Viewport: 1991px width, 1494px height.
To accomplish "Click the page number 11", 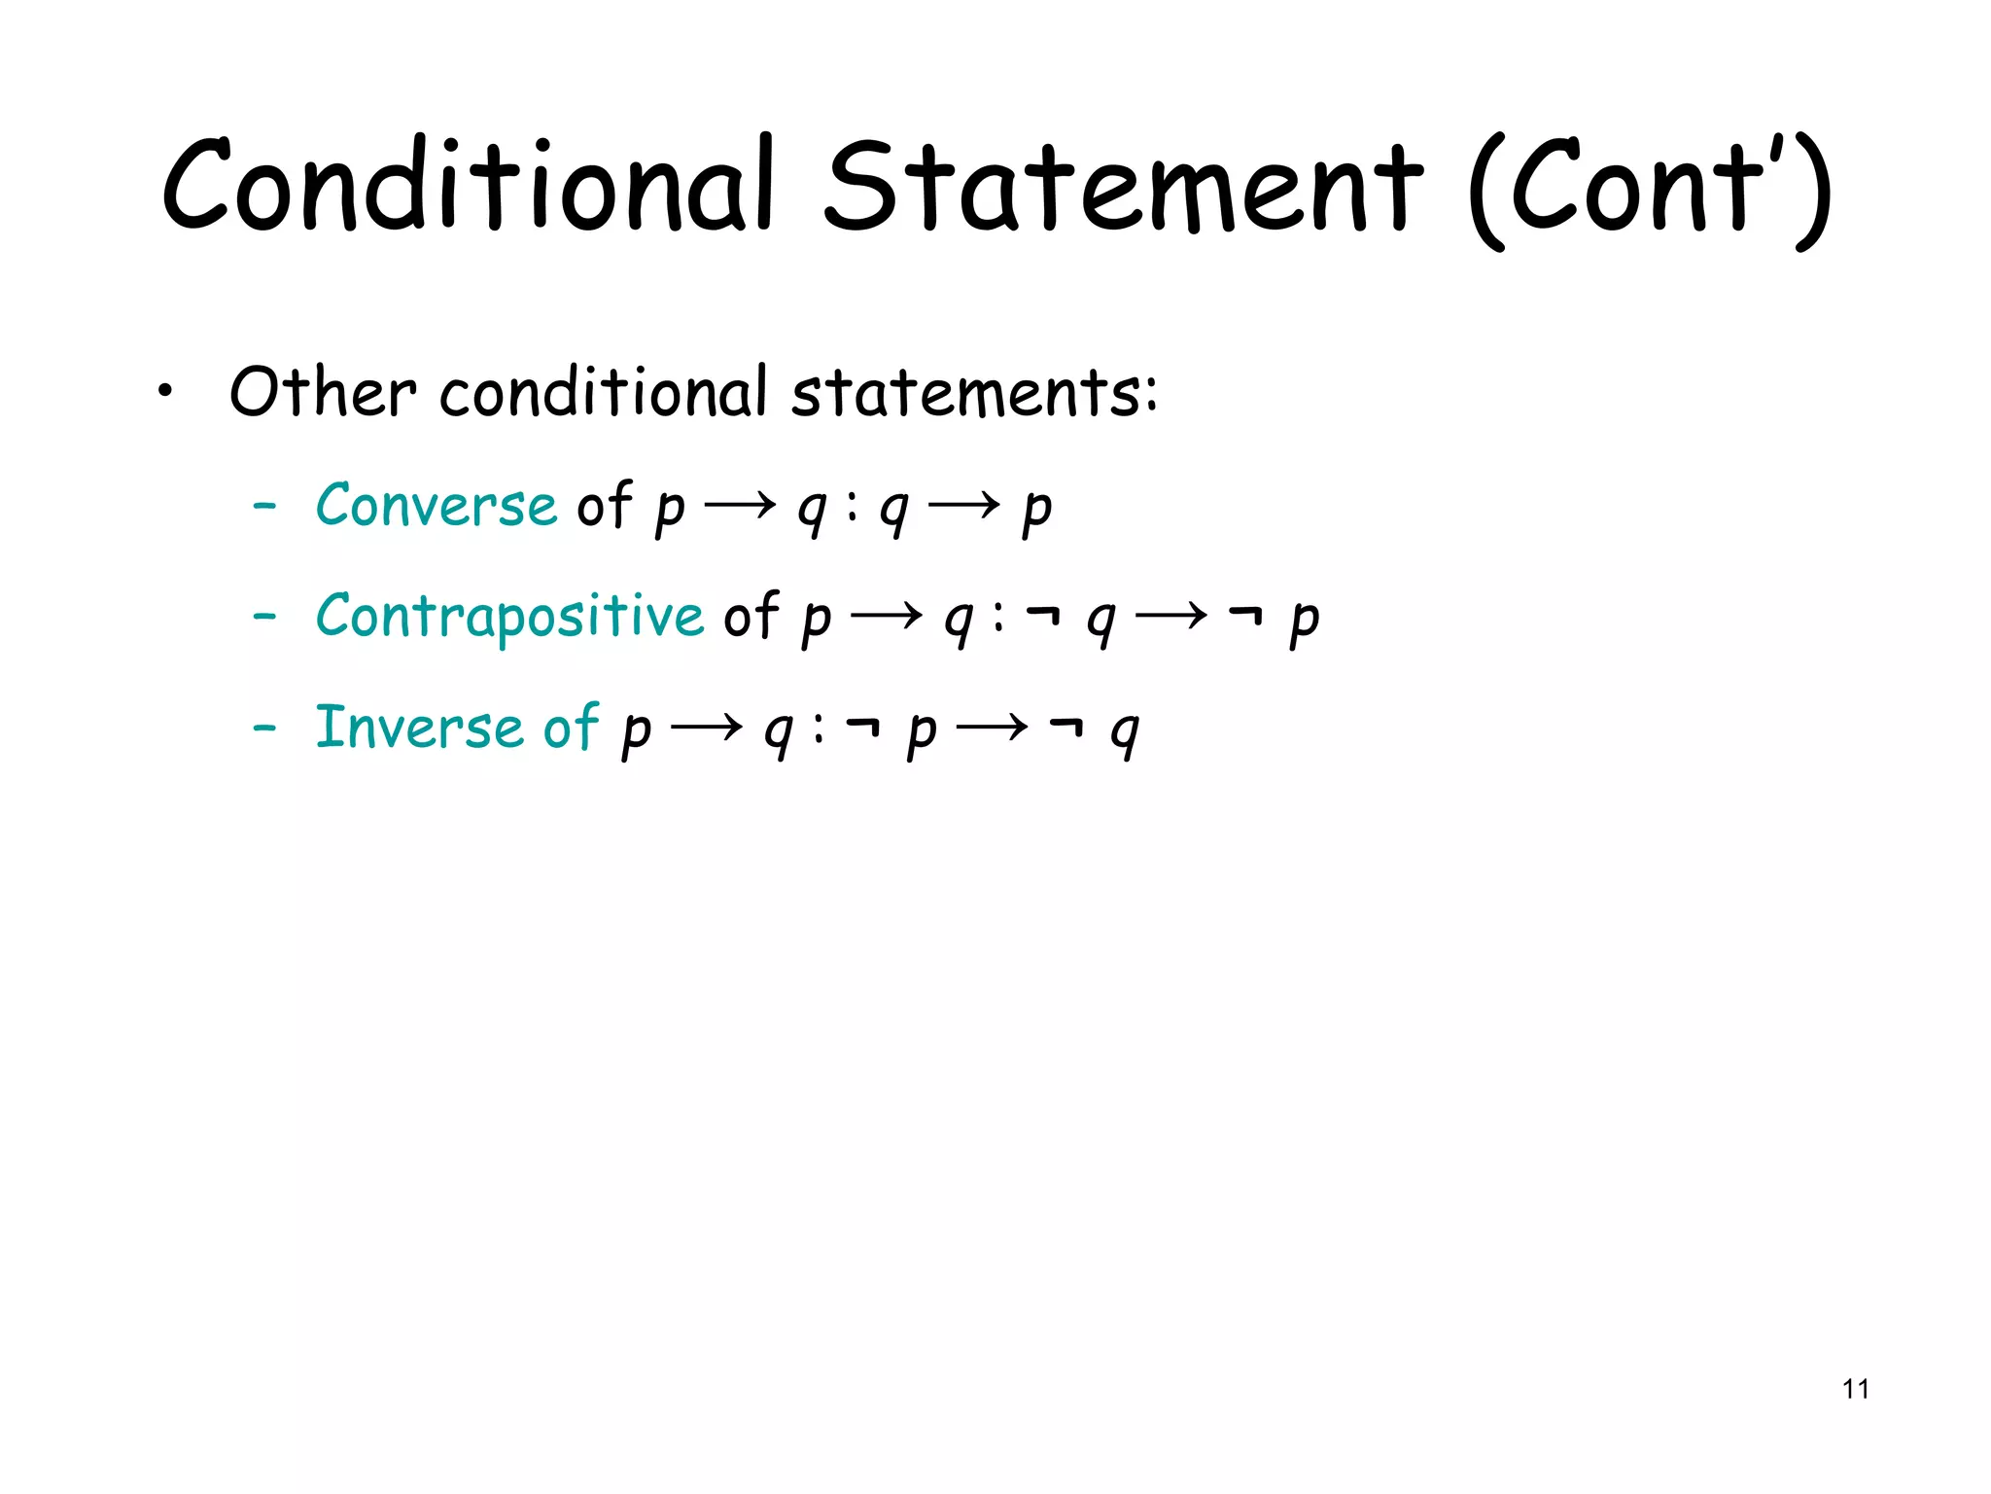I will coord(1855,1389).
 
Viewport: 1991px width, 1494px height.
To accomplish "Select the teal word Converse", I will coord(436,505).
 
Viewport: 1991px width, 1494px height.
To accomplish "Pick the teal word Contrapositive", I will coord(509,616).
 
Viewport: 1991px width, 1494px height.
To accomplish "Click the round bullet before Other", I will coord(166,393).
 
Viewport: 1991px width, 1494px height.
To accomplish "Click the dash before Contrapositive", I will coord(264,617).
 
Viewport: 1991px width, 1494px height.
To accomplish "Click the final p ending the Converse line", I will coord(1037,510).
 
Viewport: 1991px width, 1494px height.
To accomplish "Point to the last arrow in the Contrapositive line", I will coord(1171,616).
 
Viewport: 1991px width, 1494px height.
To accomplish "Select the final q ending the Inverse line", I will coord(1125,732).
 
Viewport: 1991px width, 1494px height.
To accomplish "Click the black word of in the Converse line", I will coord(605,505).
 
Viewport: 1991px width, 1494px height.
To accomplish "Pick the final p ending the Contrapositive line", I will coord(1305,621).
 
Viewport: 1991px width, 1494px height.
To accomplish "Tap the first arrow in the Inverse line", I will coord(707,727).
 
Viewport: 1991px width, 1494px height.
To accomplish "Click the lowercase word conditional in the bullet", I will coord(604,392).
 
